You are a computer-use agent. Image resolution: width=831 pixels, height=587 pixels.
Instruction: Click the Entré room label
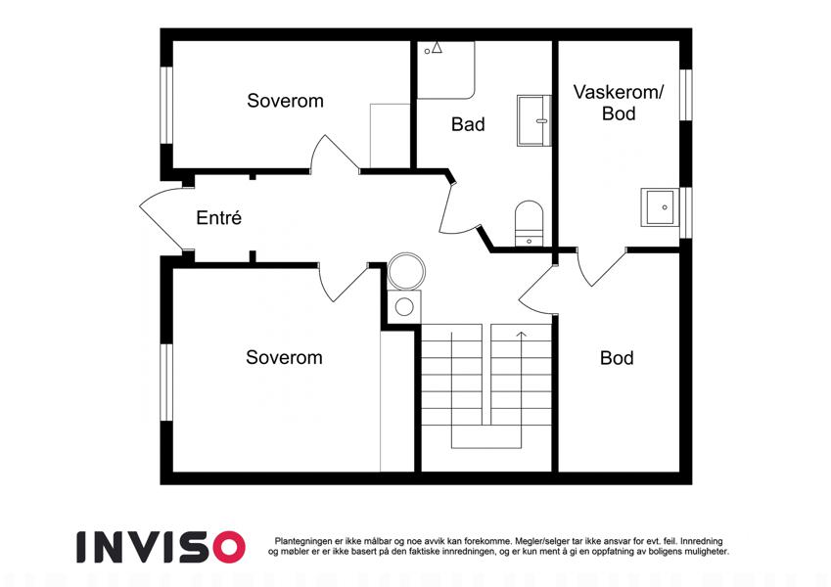(x=219, y=217)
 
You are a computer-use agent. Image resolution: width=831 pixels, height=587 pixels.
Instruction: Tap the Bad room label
(x=468, y=124)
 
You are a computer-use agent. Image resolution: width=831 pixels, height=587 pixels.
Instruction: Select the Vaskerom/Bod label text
(x=619, y=103)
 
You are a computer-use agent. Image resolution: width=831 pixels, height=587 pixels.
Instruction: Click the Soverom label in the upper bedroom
(x=285, y=101)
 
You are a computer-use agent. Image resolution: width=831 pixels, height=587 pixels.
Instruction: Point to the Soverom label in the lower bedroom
(x=284, y=357)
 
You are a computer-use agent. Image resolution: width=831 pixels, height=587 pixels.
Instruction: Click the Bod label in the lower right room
(x=617, y=358)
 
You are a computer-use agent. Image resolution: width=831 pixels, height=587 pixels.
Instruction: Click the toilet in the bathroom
(x=530, y=223)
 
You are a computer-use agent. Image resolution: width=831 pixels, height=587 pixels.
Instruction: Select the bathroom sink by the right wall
(x=534, y=120)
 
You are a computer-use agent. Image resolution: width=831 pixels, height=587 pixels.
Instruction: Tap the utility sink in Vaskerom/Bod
(x=660, y=207)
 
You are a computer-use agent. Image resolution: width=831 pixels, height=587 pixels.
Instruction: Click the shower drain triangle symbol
(x=437, y=48)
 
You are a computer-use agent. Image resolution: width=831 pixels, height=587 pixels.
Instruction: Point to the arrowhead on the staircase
(x=522, y=335)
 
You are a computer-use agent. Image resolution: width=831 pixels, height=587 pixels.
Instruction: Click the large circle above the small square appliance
(x=406, y=271)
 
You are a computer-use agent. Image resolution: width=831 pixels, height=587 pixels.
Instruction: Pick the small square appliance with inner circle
(x=404, y=307)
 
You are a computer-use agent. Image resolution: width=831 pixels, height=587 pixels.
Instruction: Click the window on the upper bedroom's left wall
(x=166, y=105)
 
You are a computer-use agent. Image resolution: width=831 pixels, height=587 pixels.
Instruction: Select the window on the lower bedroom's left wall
(x=166, y=383)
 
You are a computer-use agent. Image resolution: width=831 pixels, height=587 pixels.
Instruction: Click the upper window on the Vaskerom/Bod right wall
(x=686, y=95)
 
